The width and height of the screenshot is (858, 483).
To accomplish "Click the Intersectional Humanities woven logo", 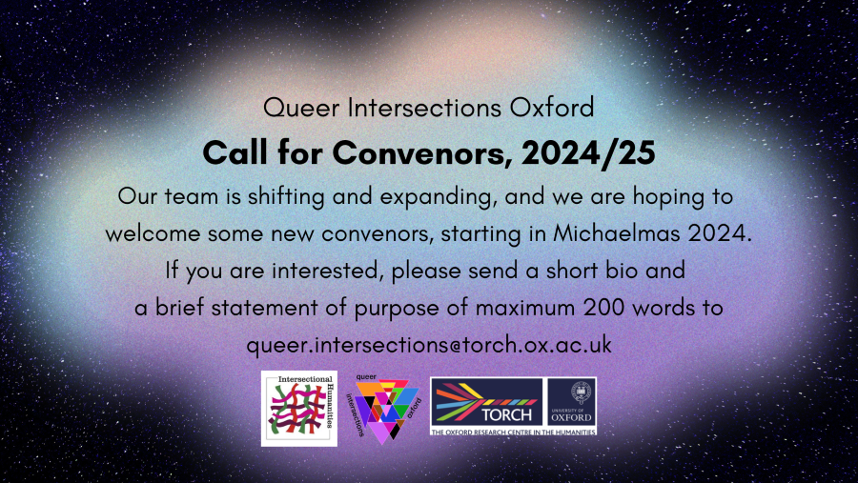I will (x=300, y=409).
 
